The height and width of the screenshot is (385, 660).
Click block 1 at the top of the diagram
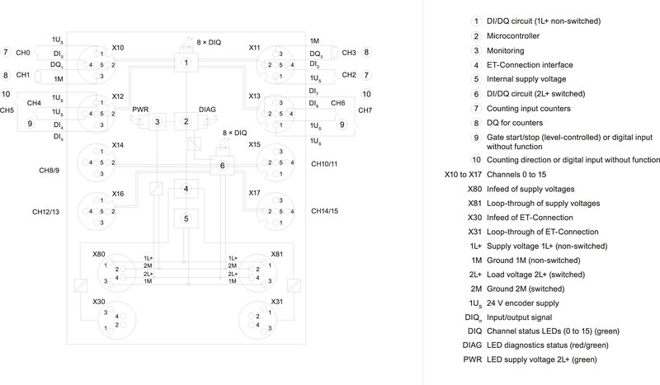click(x=187, y=63)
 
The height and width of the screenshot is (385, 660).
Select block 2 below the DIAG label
click(x=187, y=122)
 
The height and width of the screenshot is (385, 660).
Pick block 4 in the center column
click(x=187, y=190)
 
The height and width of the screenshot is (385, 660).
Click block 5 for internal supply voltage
click(x=187, y=218)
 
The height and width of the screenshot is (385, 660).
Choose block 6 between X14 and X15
click(x=221, y=166)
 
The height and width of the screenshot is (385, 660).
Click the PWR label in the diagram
click(x=139, y=108)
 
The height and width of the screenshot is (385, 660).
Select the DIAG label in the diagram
click(x=208, y=108)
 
